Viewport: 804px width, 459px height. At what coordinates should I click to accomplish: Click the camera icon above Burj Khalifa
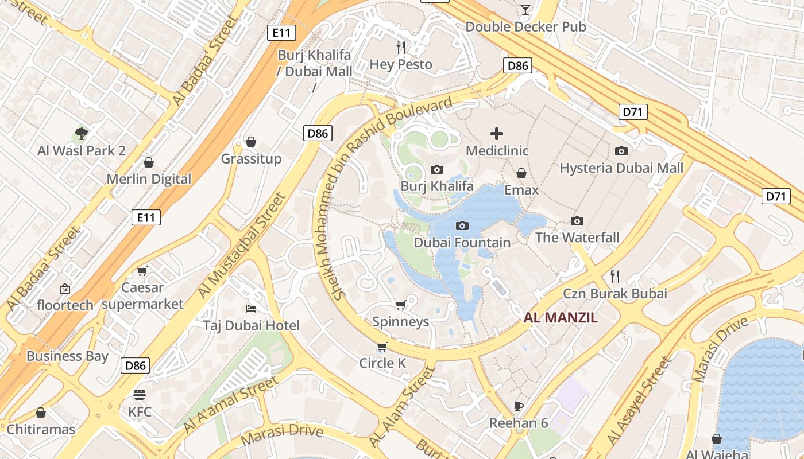[x=437, y=169]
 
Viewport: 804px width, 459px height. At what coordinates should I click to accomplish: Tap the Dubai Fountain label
[x=462, y=243]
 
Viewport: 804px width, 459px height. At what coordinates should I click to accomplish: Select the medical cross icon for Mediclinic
[x=497, y=134]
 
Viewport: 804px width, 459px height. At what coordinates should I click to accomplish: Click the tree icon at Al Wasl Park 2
[x=82, y=134]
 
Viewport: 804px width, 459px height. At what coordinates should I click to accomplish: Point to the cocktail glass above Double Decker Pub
[x=525, y=9]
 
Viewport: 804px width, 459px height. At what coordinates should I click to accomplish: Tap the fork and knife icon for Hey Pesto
[x=401, y=47]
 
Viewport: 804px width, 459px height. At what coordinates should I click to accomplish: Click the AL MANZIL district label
[x=561, y=317]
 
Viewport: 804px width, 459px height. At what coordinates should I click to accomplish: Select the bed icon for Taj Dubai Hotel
[x=251, y=309]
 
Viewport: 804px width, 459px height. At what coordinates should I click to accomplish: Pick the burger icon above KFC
[x=140, y=395]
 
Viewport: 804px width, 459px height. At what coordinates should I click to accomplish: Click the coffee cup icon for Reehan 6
[x=519, y=406]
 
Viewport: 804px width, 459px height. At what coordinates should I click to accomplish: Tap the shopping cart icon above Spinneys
[x=401, y=305]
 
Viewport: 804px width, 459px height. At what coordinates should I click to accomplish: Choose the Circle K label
[x=382, y=363]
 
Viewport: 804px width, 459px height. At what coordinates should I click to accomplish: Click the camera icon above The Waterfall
[x=577, y=221]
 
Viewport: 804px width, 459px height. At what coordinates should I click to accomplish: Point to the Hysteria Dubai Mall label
[x=621, y=168]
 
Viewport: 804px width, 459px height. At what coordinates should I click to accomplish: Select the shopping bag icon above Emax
[x=521, y=173]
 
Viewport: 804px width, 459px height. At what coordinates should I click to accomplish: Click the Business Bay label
[x=67, y=356]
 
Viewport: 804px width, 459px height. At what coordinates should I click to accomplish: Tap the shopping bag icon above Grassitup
[x=251, y=142]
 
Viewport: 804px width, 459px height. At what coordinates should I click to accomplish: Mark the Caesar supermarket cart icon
[x=142, y=270]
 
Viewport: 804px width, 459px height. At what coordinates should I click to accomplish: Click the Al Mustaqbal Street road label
[x=242, y=246]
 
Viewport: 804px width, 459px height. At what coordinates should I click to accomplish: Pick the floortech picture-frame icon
[x=64, y=288]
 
